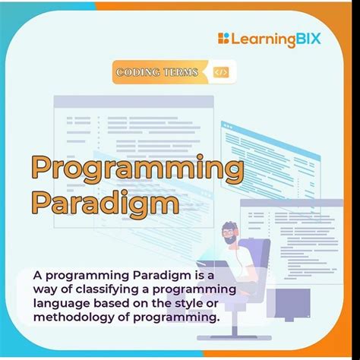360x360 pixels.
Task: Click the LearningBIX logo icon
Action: pyautogui.click(x=223, y=38)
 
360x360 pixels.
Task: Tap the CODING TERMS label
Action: pyautogui.click(x=157, y=73)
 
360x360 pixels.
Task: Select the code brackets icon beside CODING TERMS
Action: pyautogui.click(x=221, y=73)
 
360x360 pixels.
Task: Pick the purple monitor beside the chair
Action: pyautogui.click(x=289, y=305)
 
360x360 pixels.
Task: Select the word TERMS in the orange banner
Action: pyautogui.click(x=181, y=73)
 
